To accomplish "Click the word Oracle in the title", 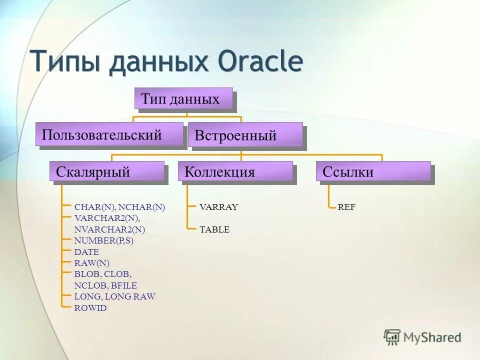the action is point(260,62).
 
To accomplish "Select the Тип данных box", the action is point(183,98).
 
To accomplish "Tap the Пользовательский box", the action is point(109,134).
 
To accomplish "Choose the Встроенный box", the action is point(245,135).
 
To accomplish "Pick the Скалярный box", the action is point(106,172).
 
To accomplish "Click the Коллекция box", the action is point(235,172).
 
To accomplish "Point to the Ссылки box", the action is point(373,172).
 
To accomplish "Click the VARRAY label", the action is point(219,207).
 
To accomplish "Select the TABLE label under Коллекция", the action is point(214,230).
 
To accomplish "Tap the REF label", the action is point(346,207).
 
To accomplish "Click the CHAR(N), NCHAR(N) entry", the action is point(119,207).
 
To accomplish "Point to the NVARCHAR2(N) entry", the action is point(109,230).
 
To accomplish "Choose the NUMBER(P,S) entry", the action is point(104,241).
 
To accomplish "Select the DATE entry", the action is point(86,252).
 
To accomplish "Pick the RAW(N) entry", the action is point(91,263).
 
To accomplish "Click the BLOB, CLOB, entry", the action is point(102,274).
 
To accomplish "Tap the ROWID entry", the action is point(90,308).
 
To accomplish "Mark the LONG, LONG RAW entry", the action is point(114,296).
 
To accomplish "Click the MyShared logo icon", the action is point(392,336).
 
